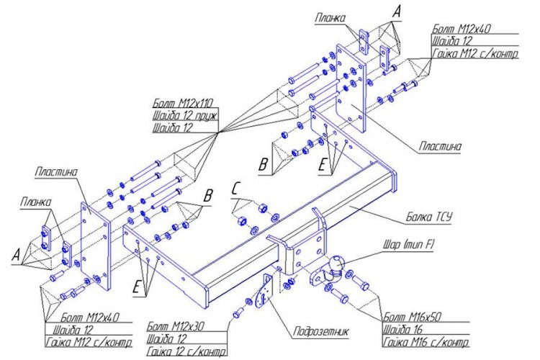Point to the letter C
[x=235, y=189]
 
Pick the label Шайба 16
[x=401, y=328]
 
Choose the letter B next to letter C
[x=208, y=194]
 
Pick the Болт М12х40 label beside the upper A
[x=461, y=30]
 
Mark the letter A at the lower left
[x=17, y=253]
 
